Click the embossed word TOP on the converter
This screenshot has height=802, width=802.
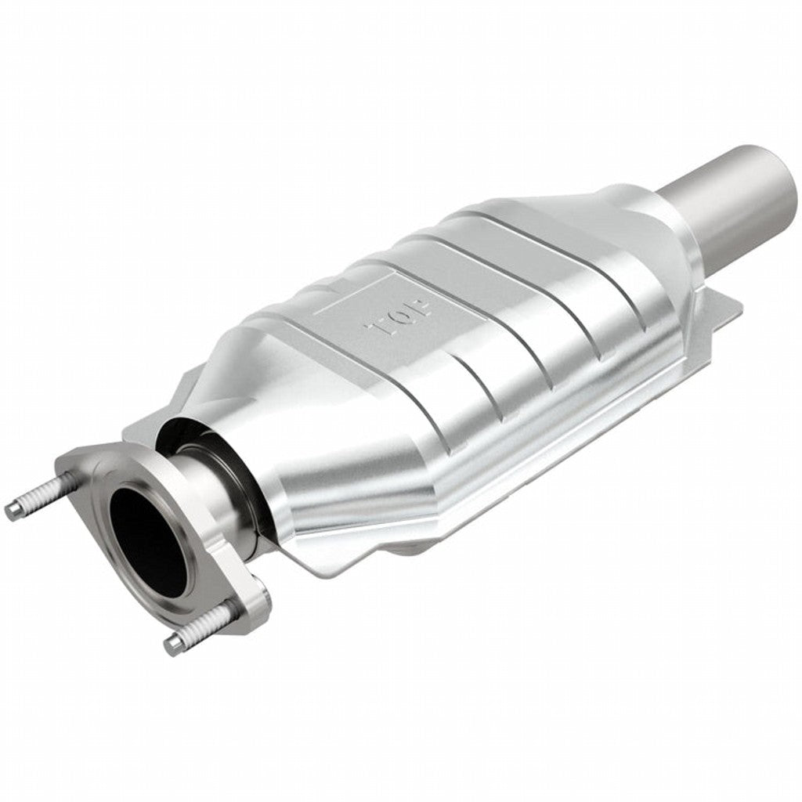pyautogui.click(x=400, y=316)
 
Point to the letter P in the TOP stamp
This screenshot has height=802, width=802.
pyautogui.click(x=420, y=305)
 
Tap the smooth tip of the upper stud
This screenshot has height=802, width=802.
pyautogui.click(x=13, y=511)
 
